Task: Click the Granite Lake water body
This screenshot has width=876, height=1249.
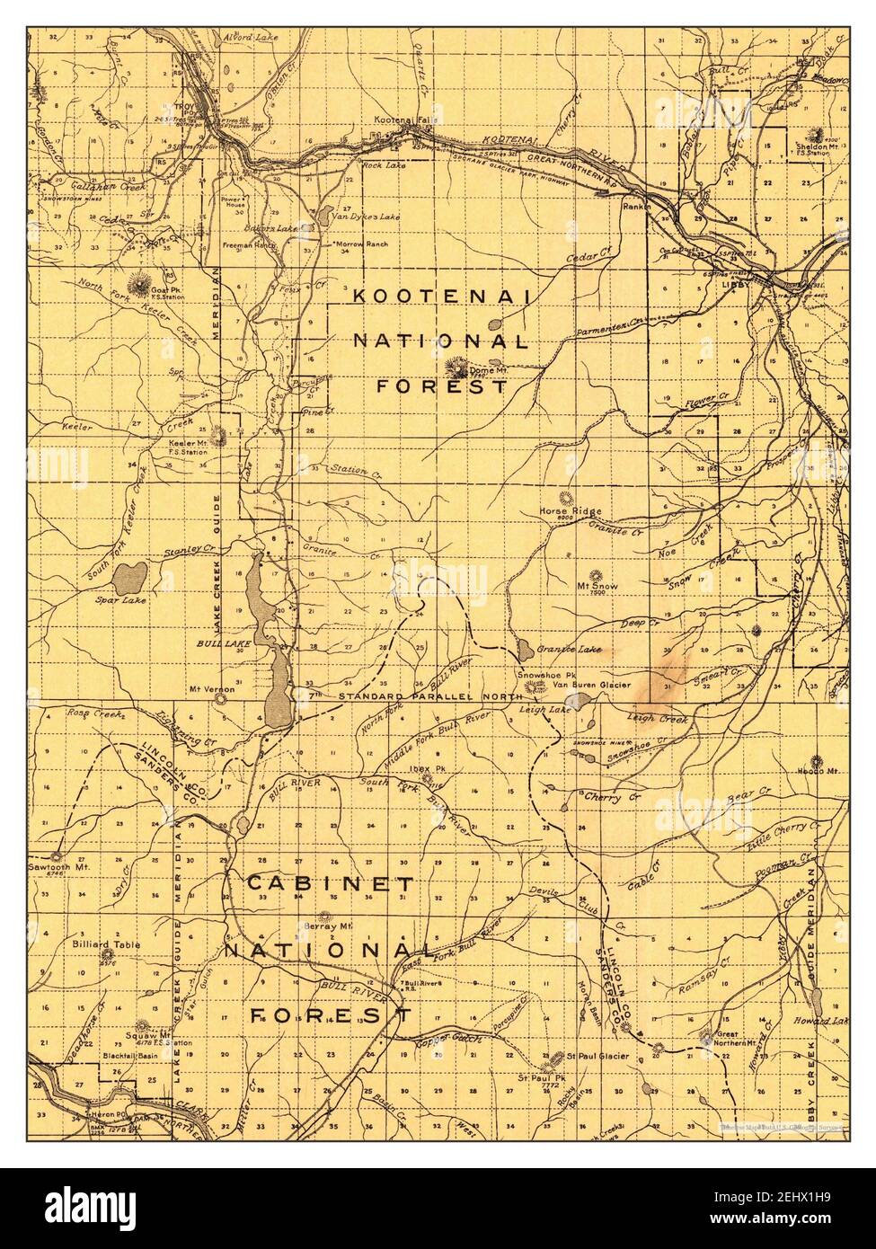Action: click(x=521, y=647)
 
